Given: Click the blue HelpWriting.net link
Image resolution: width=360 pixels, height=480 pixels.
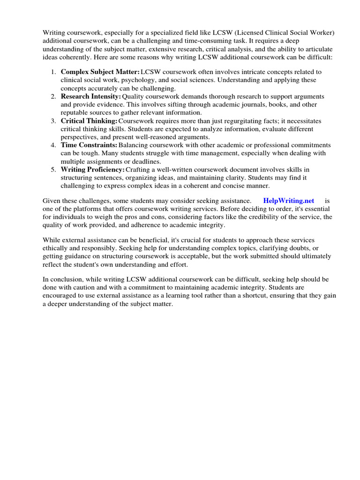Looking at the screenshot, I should tap(288, 201).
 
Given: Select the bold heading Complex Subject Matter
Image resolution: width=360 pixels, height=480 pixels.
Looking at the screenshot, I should tap(100, 72).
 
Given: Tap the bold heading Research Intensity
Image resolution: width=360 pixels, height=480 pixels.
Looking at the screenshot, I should tap(90, 96).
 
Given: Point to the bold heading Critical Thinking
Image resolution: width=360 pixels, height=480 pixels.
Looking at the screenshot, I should tap(89, 120).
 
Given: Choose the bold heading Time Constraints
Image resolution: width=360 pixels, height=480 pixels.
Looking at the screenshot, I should tap(89, 145).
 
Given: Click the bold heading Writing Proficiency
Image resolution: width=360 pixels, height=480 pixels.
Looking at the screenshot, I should tap(92, 169).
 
